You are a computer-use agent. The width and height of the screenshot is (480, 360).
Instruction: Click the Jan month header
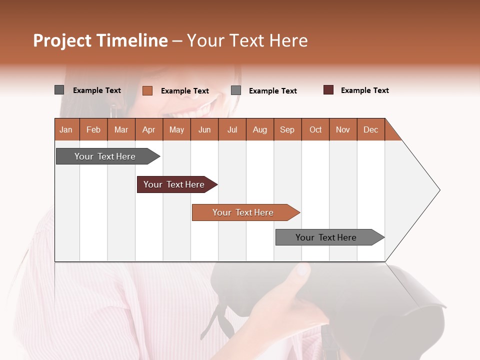point(66,129)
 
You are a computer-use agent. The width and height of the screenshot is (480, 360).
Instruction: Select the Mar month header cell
point(121,129)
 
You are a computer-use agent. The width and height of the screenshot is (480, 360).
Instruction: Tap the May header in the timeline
point(176,129)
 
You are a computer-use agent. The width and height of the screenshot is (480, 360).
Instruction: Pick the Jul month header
point(232,129)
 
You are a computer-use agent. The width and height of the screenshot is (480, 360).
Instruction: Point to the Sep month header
point(287,129)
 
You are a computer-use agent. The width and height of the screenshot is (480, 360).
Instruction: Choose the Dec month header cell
point(370,129)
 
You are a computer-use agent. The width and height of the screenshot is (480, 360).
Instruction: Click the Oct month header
point(315,129)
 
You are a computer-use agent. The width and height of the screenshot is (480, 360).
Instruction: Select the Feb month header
point(93,129)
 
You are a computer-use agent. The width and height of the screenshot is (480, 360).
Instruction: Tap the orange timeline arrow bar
point(244,212)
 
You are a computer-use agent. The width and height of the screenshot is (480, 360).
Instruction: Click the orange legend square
point(147,90)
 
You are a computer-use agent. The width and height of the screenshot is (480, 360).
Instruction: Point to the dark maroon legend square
point(328,90)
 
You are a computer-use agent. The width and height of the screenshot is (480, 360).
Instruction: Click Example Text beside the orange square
point(185,91)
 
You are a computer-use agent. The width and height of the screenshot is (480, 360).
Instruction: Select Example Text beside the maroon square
point(364,90)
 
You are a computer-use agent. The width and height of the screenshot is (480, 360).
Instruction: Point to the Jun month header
point(204,129)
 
